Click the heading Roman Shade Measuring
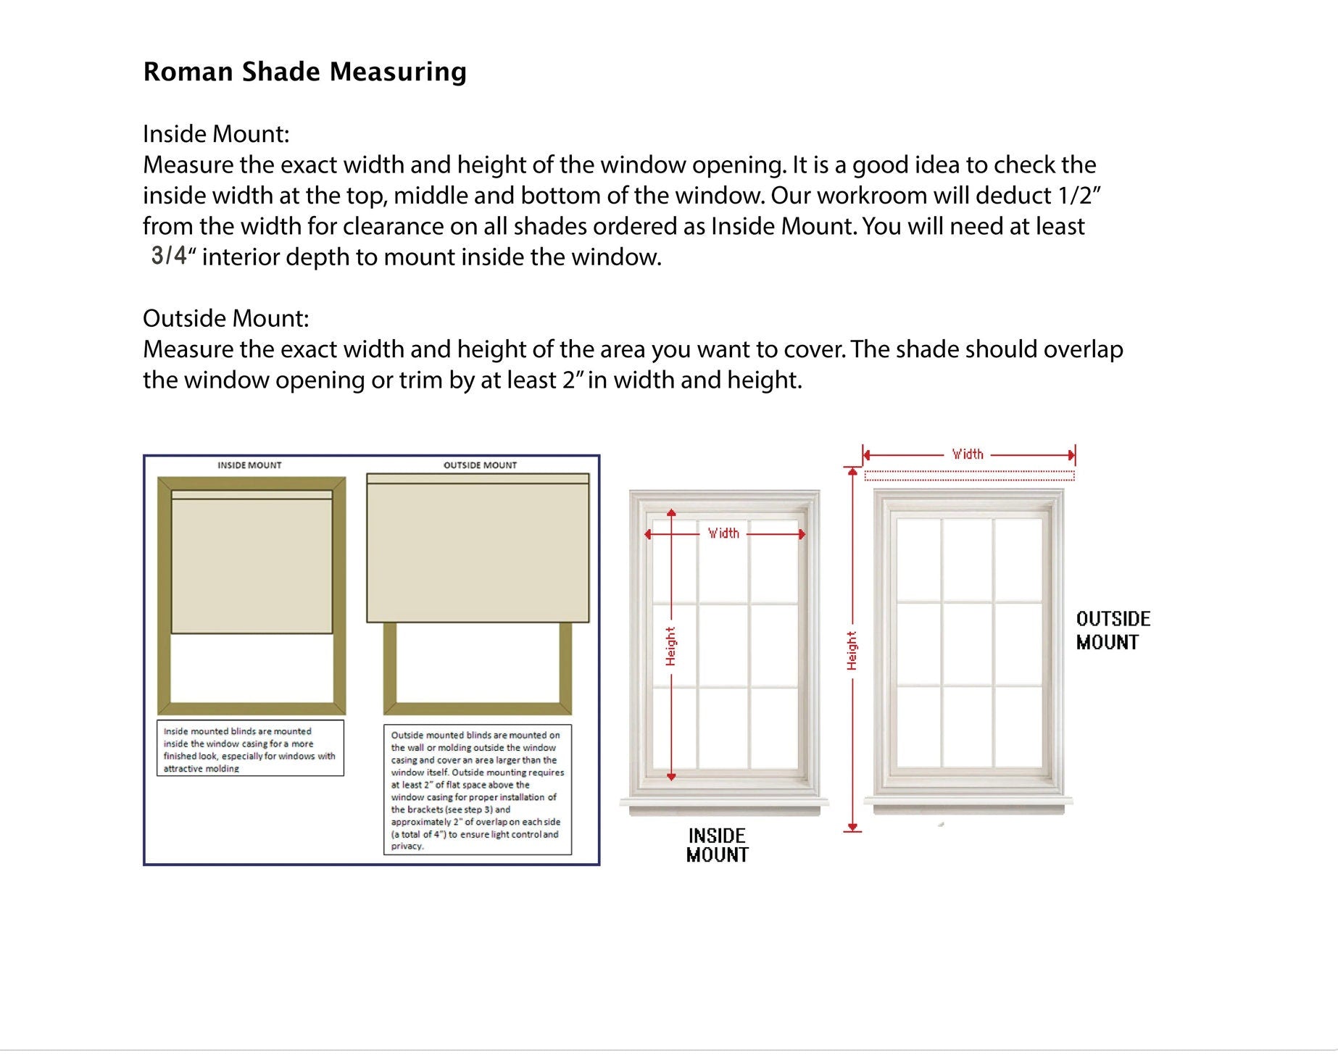(304, 72)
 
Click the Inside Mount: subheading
(216, 134)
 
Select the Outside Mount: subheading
(225, 318)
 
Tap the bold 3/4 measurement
(169, 256)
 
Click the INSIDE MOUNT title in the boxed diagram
(249, 465)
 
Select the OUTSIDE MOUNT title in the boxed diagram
(480, 465)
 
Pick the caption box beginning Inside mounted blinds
(250, 749)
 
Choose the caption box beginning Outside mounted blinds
(477, 790)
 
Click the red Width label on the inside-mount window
(723, 533)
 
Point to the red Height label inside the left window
(670, 646)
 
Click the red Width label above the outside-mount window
(968, 454)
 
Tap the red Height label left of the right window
(852, 650)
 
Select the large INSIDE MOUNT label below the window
(717, 845)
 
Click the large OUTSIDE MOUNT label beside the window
(1113, 631)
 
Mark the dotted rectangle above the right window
(969, 475)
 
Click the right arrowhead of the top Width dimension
(1071, 455)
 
